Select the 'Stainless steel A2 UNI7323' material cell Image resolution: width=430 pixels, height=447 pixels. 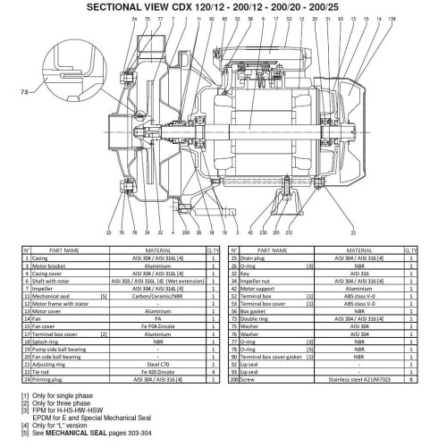tap(355, 378)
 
